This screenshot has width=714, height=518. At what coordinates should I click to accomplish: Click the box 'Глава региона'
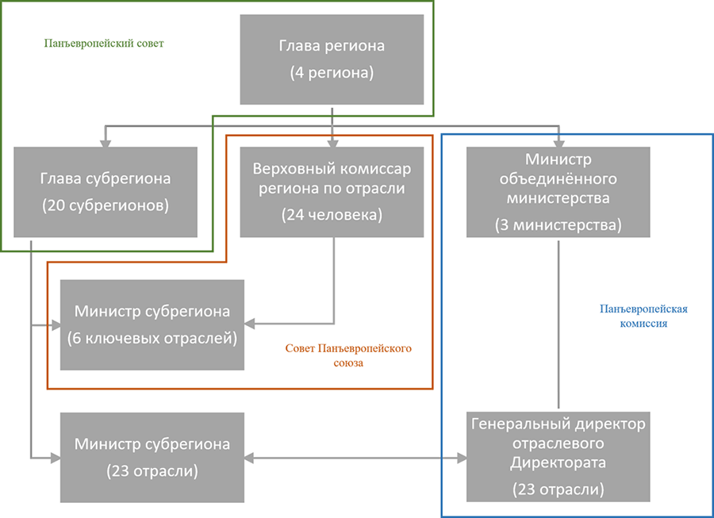point(332,59)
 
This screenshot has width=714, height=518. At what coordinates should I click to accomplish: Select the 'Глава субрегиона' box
point(106,191)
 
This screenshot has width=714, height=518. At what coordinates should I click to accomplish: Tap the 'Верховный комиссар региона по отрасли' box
point(332,191)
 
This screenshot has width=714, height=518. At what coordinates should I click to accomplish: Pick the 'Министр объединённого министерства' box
point(558,191)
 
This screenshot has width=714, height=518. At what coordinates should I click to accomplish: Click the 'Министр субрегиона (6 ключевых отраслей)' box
point(152,324)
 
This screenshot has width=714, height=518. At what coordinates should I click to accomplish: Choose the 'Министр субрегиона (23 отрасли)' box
point(152,457)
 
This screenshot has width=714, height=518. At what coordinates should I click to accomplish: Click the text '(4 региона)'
point(332,73)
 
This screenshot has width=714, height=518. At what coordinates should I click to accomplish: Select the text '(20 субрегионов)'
point(106,205)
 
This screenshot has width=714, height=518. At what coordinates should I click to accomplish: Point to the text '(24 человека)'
point(332,214)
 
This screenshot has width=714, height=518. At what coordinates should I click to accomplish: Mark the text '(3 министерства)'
point(558,224)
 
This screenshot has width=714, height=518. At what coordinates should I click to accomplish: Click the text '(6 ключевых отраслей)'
point(152,338)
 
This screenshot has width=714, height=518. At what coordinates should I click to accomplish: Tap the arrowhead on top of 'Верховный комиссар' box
point(332,141)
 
